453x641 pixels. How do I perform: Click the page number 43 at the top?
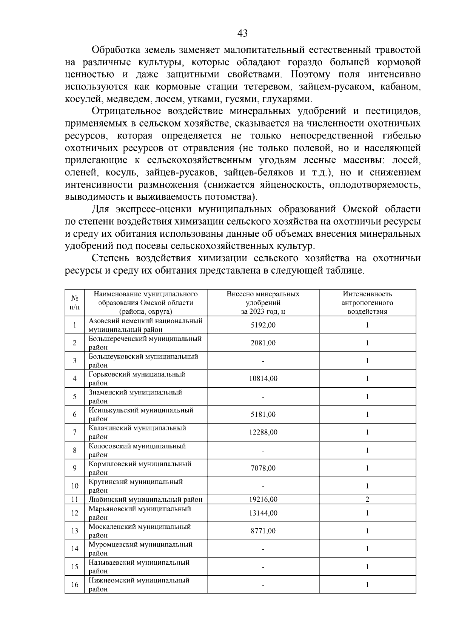[242, 34]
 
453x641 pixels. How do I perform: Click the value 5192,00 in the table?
[263, 325]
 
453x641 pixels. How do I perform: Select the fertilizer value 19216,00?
[263, 499]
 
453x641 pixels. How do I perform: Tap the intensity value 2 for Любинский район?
[367, 499]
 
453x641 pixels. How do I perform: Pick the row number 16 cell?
[75, 584]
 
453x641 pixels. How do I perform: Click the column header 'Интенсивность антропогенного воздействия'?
[367, 303]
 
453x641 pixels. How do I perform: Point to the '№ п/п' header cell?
[75, 303]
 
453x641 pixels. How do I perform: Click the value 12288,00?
[263, 432]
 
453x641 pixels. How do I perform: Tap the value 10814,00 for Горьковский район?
[263, 379]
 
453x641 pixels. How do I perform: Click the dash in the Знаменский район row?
[263, 397]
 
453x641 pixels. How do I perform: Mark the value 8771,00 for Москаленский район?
[263, 531]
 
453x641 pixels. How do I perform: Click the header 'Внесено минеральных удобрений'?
[263, 303]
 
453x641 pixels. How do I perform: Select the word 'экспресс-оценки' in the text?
[159, 209]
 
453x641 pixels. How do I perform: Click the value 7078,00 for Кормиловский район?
[263, 468]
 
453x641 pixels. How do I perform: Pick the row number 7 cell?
[75, 432]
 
